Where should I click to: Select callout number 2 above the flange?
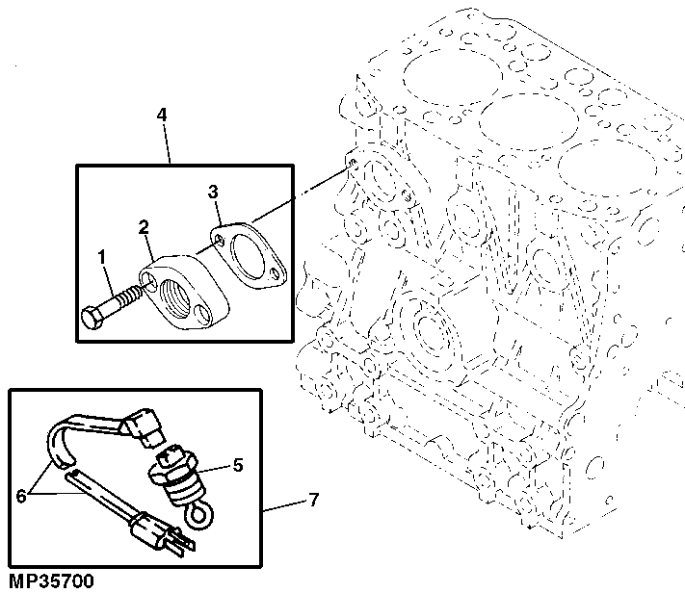coord(143,227)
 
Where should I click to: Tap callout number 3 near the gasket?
coord(214,193)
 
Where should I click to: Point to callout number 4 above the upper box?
coord(162,115)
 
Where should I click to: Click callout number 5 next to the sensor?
coord(237,466)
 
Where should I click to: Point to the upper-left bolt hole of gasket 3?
coord(221,234)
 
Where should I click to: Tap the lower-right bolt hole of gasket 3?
coord(277,275)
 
